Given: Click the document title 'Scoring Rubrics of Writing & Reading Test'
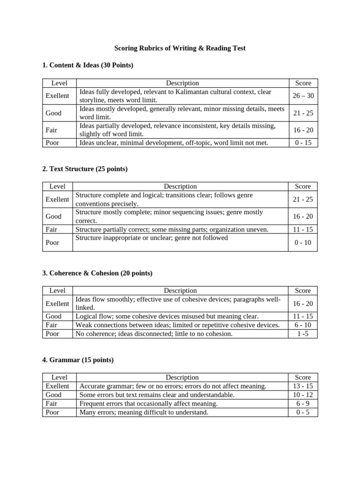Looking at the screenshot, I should pyautogui.click(x=180, y=48).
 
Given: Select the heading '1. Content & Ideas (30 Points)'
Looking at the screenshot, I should pyautogui.click(x=88, y=65).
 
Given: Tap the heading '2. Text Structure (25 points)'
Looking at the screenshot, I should pyautogui.click(x=85, y=169).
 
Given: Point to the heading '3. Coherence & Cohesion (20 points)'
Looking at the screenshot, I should pyautogui.click(x=97, y=273).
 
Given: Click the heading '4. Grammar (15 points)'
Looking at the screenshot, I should pyautogui.click(x=78, y=360).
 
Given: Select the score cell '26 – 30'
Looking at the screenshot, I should pyautogui.click(x=303, y=96).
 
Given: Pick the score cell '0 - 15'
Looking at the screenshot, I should pyautogui.click(x=303, y=142).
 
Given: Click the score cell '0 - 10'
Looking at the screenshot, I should pyautogui.click(x=303, y=242).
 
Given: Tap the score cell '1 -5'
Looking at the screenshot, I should pyautogui.click(x=303, y=334).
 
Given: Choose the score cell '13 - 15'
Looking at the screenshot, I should pyautogui.click(x=303, y=386).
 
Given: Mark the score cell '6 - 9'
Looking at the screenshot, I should pyautogui.click(x=303, y=403).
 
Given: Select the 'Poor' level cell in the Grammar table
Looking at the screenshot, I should pyautogui.click(x=53, y=412).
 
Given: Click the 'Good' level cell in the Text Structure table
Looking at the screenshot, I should pyautogui.click(x=53, y=216).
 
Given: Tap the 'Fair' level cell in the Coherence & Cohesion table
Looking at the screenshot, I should pyautogui.click(x=52, y=325).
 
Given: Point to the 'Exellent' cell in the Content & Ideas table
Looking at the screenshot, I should pyautogui.click(x=57, y=96).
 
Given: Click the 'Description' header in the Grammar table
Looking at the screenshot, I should pyautogui.click(x=182, y=377).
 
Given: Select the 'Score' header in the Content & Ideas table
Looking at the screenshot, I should pyautogui.click(x=303, y=83).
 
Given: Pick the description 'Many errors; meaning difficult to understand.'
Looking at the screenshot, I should pyautogui.click(x=144, y=412).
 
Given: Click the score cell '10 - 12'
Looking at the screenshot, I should pyautogui.click(x=303, y=395).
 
